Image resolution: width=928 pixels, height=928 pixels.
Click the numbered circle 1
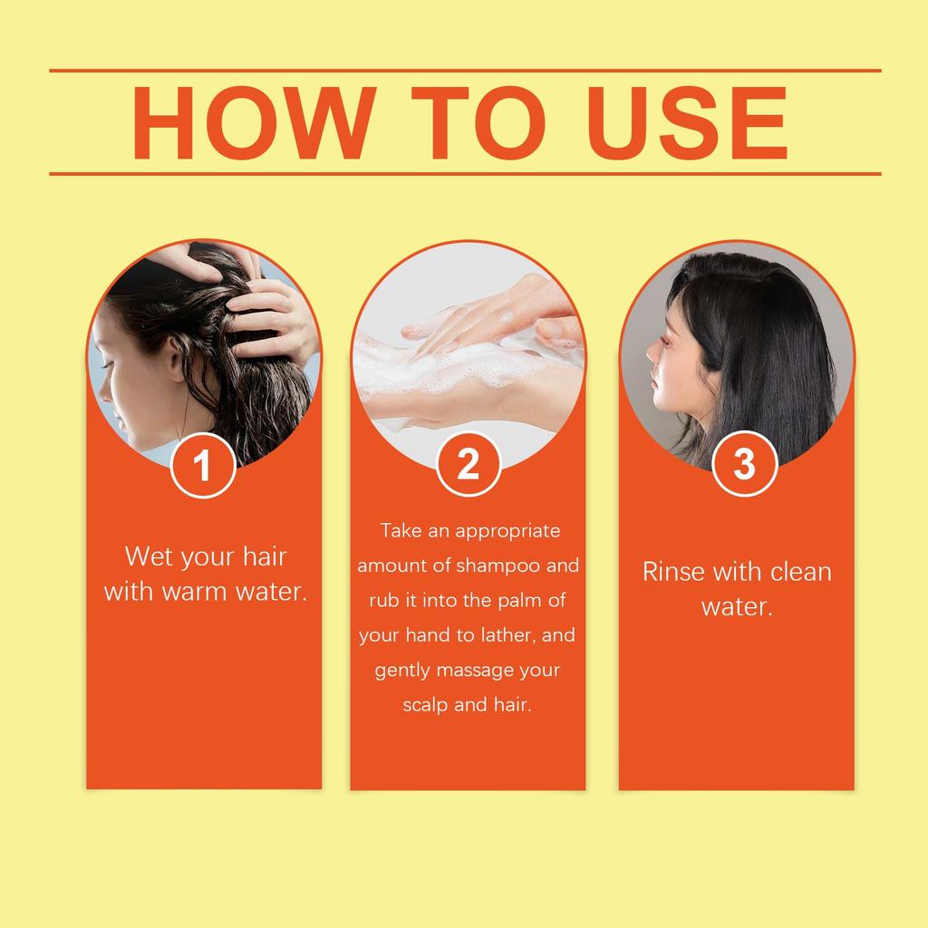click(x=203, y=466)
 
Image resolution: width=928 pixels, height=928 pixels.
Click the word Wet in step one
click(x=149, y=556)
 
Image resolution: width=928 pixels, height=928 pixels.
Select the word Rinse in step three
click(x=674, y=572)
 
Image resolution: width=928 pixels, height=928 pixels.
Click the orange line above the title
click(x=464, y=70)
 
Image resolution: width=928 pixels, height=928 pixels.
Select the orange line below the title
click(x=464, y=173)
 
